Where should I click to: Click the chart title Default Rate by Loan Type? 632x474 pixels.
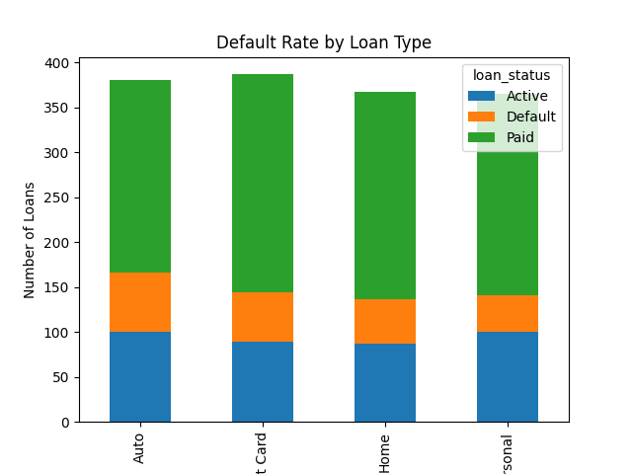[x=324, y=42]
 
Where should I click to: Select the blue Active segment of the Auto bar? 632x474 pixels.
[x=140, y=376]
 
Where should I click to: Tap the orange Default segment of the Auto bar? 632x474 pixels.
[x=140, y=302]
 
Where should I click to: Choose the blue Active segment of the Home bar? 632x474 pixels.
[x=385, y=382]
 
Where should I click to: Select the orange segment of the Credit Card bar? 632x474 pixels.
[x=263, y=317]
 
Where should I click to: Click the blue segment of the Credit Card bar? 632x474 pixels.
[x=263, y=381]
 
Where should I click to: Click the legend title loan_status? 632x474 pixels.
[x=512, y=74]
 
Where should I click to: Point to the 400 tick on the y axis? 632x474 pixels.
[x=57, y=63]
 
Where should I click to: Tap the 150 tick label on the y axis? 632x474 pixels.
[x=57, y=287]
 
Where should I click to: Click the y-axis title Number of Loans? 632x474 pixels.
[x=30, y=240]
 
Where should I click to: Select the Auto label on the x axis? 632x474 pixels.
[x=139, y=449]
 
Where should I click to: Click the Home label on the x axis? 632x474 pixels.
[x=384, y=452]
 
